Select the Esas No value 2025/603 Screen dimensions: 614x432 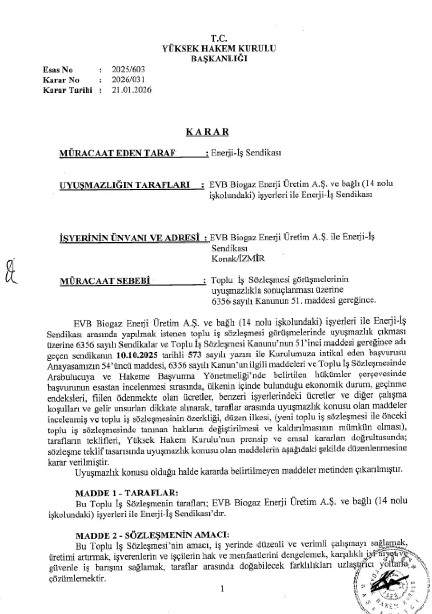[128, 70]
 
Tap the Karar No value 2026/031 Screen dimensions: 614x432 [128, 80]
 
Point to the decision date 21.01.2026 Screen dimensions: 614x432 [132, 90]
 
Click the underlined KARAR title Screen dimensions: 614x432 [207, 132]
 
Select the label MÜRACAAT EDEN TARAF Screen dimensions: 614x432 [118, 153]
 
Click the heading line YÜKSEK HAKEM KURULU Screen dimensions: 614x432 [219, 48]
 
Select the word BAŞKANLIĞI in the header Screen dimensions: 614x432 [219, 58]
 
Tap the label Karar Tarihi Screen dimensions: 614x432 [67, 90]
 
